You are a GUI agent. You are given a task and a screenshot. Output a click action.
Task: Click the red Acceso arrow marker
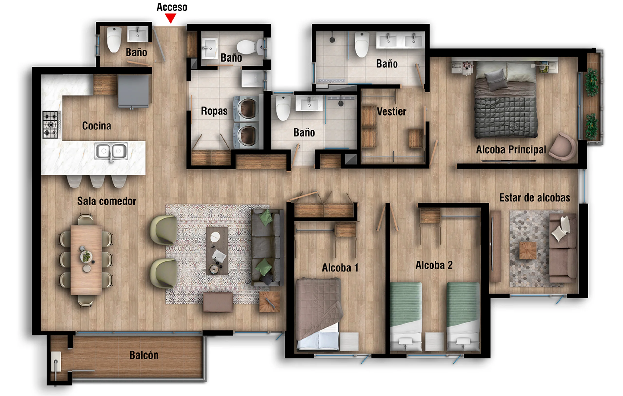tap(171, 18)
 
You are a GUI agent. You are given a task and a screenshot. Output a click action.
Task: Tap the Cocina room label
tap(97, 126)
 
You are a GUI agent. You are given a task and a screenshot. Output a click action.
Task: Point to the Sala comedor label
tap(107, 201)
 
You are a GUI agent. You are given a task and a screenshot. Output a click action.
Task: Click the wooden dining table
tap(86, 260)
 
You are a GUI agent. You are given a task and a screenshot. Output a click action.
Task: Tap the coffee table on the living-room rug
tap(217, 251)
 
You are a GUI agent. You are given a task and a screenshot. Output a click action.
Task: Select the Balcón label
tap(144, 355)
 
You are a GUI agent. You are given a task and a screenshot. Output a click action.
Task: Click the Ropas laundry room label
tap(214, 111)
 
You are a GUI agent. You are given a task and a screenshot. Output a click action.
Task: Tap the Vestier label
tap(392, 111)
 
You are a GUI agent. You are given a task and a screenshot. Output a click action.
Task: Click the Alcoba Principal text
tap(511, 150)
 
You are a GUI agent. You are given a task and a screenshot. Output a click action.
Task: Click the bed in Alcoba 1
tap(319, 314)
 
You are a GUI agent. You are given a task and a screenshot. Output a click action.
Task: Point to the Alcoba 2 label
tap(434, 265)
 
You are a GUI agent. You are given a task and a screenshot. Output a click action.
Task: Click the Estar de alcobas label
tap(534, 198)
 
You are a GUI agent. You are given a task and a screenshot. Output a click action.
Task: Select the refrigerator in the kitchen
tap(134, 91)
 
